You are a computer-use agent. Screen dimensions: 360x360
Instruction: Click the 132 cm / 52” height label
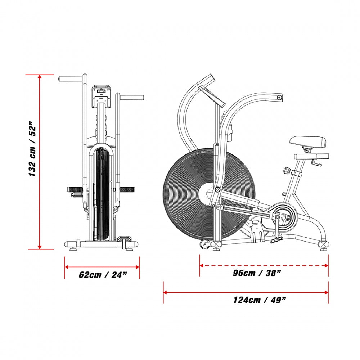[x=32, y=149]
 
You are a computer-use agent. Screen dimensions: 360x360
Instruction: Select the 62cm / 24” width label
[x=103, y=275]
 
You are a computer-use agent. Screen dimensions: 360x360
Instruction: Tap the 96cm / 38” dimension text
[x=257, y=273]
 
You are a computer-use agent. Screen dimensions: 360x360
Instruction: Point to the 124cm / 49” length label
[x=260, y=300]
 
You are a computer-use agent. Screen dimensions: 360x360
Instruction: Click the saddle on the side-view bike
[x=308, y=142]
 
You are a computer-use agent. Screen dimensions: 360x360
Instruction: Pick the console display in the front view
[x=101, y=96]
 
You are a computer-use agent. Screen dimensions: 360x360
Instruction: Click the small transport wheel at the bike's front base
[x=204, y=244]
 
